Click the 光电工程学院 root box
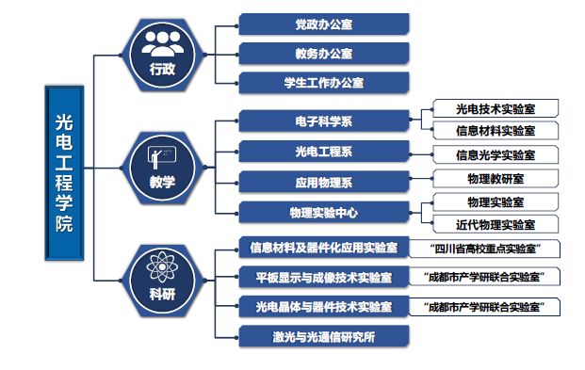coord(64,173)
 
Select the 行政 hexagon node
coord(163,55)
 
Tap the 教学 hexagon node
coord(163,168)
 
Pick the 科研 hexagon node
coord(163,281)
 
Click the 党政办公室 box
coord(324,24)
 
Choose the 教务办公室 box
coord(324,54)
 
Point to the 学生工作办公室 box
coord(324,83)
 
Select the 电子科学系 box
coord(324,121)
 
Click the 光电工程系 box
coord(324,152)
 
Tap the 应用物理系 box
coord(324,182)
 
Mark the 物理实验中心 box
coord(324,213)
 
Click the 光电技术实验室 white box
coord(496,108)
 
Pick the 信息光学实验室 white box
coord(496,154)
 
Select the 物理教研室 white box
coord(496,178)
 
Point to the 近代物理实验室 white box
coord(496,224)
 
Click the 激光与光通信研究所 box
coord(324,336)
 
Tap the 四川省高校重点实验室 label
coord(485,249)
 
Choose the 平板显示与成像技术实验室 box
coord(324,277)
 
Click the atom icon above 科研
coord(162,266)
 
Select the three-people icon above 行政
coord(163,43)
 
